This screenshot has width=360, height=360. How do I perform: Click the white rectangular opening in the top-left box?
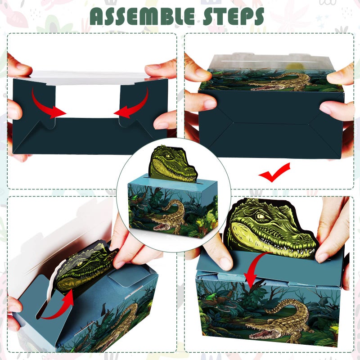(88, 101)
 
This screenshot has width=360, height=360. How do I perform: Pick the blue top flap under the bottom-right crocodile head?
(225, 265)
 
